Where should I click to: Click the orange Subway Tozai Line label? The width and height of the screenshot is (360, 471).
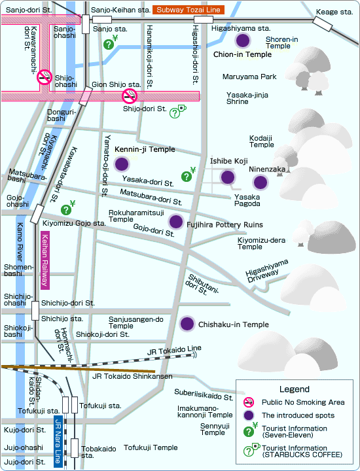coord(189,10)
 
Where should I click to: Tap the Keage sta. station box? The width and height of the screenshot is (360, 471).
coord(323,24)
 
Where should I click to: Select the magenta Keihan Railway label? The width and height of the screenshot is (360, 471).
coord(45,260)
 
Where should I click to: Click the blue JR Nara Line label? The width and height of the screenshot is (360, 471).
coord(58,441)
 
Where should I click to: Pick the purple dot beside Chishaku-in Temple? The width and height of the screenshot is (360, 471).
coord(187,324)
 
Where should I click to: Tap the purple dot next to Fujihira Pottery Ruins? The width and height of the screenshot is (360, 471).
coord(176,222)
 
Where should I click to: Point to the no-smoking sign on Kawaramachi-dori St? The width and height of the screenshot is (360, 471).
coord(44,77)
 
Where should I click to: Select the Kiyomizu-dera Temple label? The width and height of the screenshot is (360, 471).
coord(261,243)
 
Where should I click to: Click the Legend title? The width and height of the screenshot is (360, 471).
coord(294,389)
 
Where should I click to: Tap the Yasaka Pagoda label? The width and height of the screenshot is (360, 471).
coord(247,200)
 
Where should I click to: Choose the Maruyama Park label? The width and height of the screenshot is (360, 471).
coord(249,77)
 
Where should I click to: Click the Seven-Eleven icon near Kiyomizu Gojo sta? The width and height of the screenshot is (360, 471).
coord(68,207)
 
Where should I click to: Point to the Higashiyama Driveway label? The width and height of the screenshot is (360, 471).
coord(266,271)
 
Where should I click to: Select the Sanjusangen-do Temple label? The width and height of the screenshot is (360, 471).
coord(136,323)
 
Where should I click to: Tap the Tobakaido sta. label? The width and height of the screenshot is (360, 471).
coord(99,452)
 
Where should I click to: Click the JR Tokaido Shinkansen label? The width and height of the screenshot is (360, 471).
coord(132,376)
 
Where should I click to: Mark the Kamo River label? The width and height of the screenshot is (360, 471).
coord(20,241)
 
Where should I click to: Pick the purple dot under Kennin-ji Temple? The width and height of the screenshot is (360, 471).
coord(122,164)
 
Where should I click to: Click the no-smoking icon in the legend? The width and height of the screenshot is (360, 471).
coord(249,402)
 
